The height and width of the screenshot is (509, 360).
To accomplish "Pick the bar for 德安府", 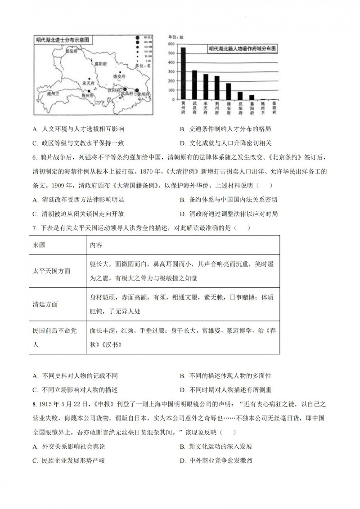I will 228,91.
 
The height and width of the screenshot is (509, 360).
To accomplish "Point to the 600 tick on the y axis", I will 171,44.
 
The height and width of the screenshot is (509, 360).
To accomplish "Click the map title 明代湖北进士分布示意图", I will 63,40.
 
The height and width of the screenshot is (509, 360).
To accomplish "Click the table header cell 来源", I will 39,245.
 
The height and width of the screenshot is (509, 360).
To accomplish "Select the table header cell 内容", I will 96,245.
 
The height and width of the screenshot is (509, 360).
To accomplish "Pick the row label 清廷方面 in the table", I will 45,304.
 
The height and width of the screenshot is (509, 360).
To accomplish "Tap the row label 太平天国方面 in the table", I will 52,271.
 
